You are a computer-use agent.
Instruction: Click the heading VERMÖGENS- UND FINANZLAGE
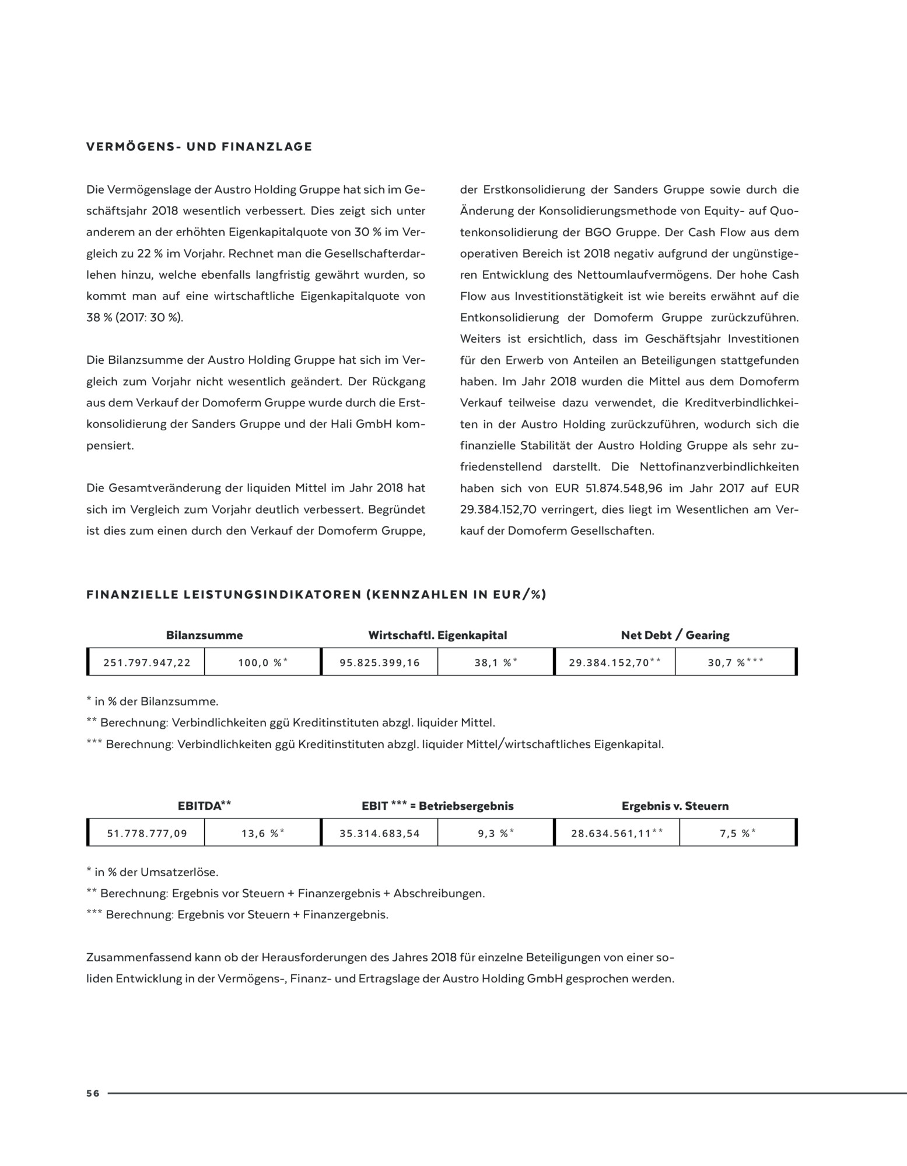[x=199, y=147]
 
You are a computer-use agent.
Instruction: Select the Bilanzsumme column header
[x=204, y=635]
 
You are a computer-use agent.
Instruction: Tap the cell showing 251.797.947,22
[x=146, y=663]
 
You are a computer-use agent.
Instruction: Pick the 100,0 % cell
[x=262, y=663]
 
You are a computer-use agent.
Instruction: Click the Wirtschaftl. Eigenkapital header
[x=437, y=635]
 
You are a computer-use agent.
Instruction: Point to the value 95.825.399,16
[x=379, y=663]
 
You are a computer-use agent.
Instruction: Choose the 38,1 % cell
[x=496, y=663]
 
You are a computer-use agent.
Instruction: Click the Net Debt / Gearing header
[x=675, y=635]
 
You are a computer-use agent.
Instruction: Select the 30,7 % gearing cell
[x=736, y=663]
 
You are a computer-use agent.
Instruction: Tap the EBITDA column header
[x=204, y=806]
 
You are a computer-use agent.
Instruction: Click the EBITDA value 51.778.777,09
[x=147, y=834]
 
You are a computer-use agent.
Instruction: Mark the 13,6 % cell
[x=262, y=834]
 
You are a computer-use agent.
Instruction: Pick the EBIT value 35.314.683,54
[x=380, y=834]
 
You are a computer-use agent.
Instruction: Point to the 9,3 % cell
[x=496, y=834]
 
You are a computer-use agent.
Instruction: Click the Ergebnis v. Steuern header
[x=675, y=806]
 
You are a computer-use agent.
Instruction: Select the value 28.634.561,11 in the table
[x=616, y=834]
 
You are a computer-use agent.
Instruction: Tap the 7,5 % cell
[x=738, y=834]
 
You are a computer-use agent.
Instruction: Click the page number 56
[x=93, y=1094]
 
